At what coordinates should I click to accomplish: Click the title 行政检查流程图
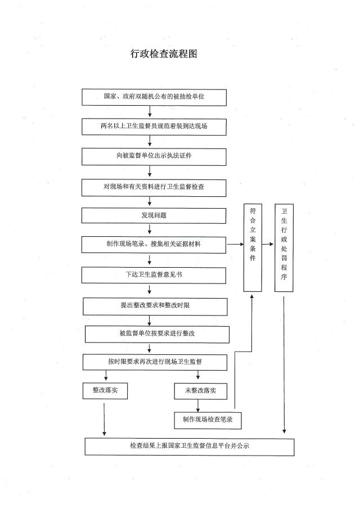(164, 53)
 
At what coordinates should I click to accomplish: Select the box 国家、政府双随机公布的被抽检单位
(154, 97)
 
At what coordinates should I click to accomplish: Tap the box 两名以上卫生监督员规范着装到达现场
(154, 127)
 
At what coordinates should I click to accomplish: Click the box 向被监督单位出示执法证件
(154, 157)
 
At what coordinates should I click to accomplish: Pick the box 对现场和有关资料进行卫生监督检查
(154, 188)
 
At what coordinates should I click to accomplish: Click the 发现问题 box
(154, 215)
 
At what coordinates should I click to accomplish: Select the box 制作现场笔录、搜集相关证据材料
(154, 245)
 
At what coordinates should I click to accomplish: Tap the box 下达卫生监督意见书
(154, 275)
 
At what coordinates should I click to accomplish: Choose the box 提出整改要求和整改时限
(155, 307)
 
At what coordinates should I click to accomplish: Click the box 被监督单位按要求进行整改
(157, 334)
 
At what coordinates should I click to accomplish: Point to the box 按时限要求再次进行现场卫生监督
(155, 362)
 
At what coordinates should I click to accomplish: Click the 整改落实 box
(105, 391)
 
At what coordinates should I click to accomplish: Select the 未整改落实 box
(201, 391)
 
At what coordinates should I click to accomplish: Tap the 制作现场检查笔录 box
(208, 420)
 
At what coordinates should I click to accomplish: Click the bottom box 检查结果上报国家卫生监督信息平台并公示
(190, 447)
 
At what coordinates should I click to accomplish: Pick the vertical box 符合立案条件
(253, 247)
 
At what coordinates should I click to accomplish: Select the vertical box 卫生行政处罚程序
(284, 247)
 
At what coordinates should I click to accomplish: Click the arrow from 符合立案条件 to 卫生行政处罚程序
(268, 244)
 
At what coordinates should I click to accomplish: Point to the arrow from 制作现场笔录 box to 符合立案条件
(235, 244)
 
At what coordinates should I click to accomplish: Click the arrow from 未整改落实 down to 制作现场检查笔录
(198, 406)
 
